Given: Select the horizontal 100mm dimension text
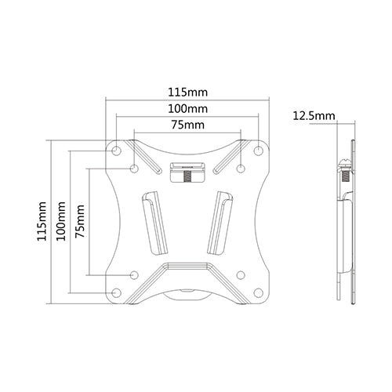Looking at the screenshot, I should pyautogui.click(x=187, y=108).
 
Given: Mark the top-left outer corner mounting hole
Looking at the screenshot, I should pyautogui.click(x=116, y=150).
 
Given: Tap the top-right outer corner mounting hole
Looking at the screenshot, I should pyautogui.click(x=260, y=150).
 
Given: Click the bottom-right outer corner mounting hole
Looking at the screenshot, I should pyautogui.click(x=260, y=293).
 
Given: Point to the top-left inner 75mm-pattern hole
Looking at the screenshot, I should pyautogui.click(x=134, y=168).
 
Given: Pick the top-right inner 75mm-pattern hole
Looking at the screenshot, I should pyautogui.click(x=241, y=168).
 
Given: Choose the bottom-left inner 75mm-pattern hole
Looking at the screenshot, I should pyautogui.click(x=134, y=274).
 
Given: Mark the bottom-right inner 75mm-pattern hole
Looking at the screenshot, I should pyautogui.click(x=241, y=274).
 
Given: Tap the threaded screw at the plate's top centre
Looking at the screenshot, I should pyautogui.click(x=188, y=175).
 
